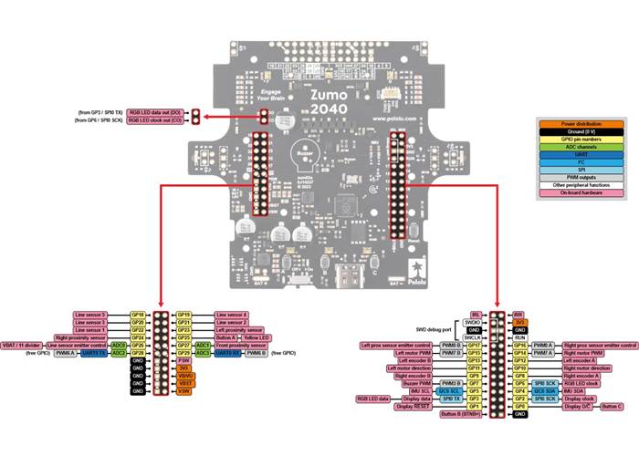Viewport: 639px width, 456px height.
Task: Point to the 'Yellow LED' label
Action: coord(232,337)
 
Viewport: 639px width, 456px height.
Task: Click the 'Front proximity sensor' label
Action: coord(243,346)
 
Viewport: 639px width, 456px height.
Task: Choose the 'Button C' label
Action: coord(611,406)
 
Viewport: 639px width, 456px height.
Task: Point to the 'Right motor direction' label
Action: coord(594,368)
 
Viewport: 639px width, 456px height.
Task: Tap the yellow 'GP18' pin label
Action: coord(139,314)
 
